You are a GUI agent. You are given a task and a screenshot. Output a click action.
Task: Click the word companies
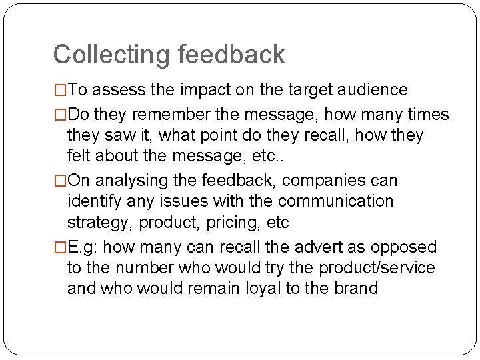(326, 181)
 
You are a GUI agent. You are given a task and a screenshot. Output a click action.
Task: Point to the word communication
(336, 201)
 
